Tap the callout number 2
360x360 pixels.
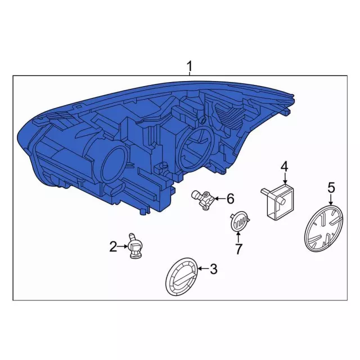[113, 246]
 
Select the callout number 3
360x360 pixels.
[213, 269]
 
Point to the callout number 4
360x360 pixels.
[285, 166]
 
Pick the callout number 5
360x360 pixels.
[331, 187]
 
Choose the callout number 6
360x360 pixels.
[229, 198]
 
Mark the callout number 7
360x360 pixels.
[238, 248]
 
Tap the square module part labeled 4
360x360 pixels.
[280, 201]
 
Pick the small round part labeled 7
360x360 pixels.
[239, 221]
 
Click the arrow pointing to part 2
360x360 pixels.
[123, 246]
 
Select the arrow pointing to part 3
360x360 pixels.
[202, 270]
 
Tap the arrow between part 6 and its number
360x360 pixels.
[218, 198]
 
